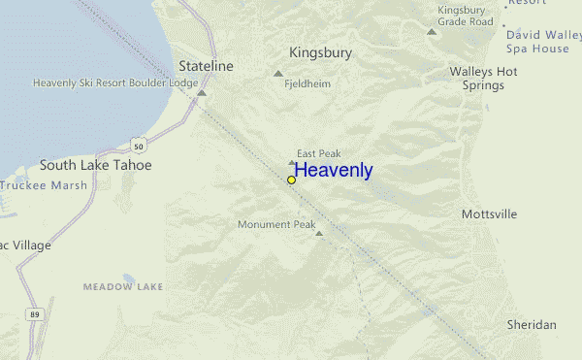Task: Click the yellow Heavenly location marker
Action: [291, 180]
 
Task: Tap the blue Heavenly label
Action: [334, 171]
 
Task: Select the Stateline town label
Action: [207, 65]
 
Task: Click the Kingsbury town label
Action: [320, 52]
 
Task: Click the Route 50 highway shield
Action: [141, 146]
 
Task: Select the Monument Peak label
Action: [277, 224]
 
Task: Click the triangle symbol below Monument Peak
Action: [318, 233]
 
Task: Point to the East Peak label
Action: [318, 153]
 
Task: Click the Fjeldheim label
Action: [307, 84]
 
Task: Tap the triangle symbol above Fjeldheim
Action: [279, 73]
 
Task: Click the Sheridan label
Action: [531, 324]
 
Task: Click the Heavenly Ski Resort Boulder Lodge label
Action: [114, 82]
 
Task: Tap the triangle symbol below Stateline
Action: [202, 93]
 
